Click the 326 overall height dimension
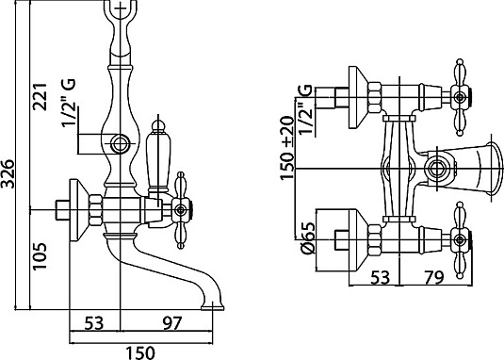(x=8, y=173)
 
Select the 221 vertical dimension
(x=41, y=96)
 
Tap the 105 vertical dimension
(x=41, y=256)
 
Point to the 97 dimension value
(x=172, y=323)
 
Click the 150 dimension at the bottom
(x=140, y=352)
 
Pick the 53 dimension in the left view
(x=94, y=323)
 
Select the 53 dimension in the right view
(x=381, y=277)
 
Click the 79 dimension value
(x=433, y=277)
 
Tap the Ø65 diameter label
(x=307, y=238)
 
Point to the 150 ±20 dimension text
(x=287, y=148)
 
